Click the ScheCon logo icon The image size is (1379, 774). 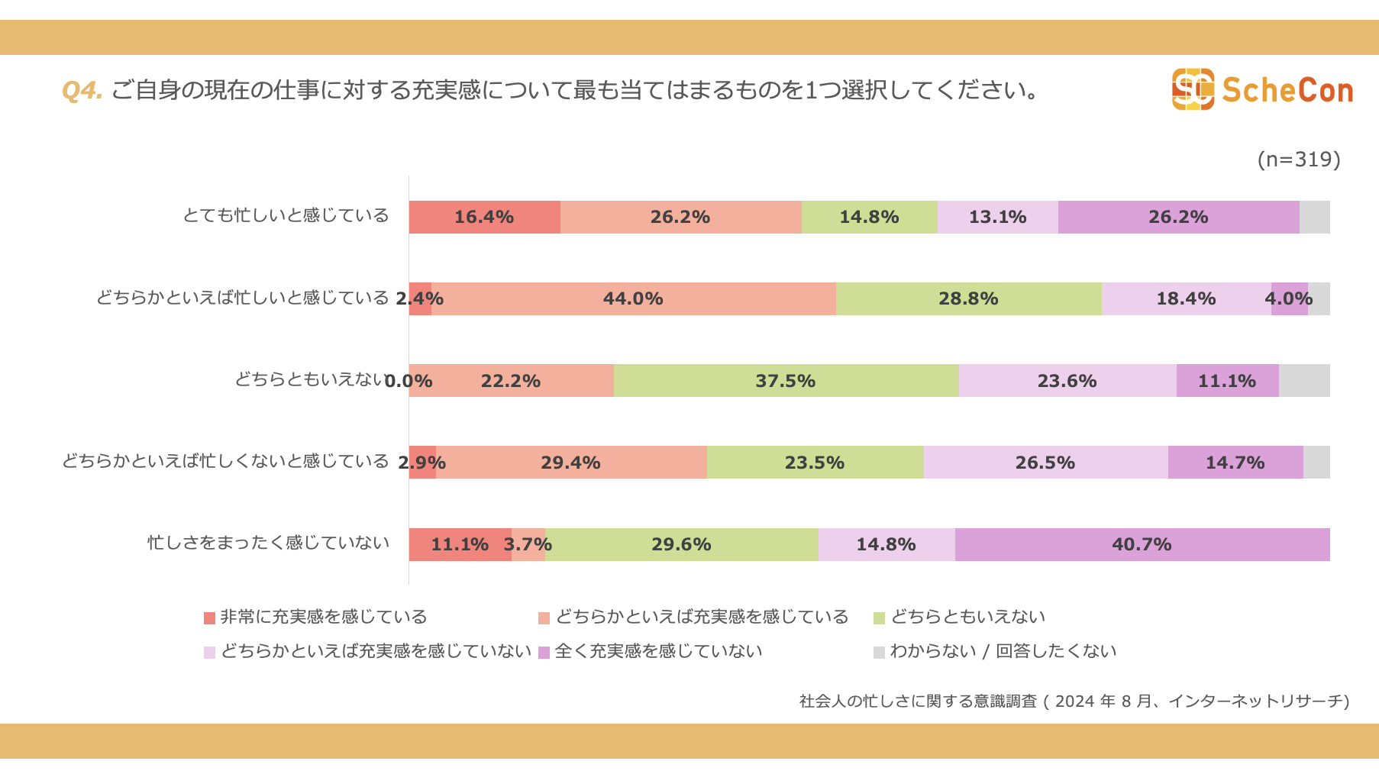click(x=1193, y=89)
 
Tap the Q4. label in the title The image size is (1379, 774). click(x=82, y=90)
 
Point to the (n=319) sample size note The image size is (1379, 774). click(x=1298, y=159)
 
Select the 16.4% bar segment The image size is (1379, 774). click(x=484, y=217)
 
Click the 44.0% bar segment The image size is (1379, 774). click(x=633, y=298)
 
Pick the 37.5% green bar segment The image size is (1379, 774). click(x=786, y=380)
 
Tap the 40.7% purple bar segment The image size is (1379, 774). click(x=1142, y=544)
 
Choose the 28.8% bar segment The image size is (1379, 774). click(x=968, y=298)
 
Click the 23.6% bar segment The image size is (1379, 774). click(x=1067, y=380)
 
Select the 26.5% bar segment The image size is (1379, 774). click(x=1045, y=463)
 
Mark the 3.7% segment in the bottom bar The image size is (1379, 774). click(x=528, y=544)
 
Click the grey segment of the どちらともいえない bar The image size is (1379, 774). click(x=1304, y=380)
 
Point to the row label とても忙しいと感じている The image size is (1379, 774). click(x=286, y=215)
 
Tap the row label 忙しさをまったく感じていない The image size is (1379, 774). click(x=268, y=543)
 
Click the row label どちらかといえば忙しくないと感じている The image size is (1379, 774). click(x=225, y=461)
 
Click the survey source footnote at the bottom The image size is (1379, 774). click(x=1074, y=701)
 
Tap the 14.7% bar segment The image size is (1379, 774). click(x=1235, y=463)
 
